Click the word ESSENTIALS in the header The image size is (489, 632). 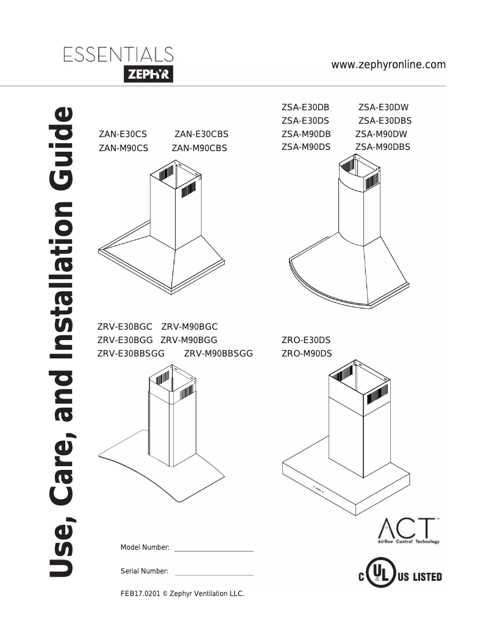[x=118, y=55]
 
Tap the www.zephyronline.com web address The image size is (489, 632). [x=388, y=65]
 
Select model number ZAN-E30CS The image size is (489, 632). [x=123, y=135]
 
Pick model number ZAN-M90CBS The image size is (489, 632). [x=199, y=147]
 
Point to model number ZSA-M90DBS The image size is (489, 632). [x=382, y=147]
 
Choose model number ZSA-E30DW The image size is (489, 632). [x=383, y=107]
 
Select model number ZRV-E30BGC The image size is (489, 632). [x=125, y=327]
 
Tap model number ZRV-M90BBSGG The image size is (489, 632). [x=218, y=353]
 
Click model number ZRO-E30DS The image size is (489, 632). [x=306, y=340]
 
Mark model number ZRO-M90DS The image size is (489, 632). [x=306, y=353]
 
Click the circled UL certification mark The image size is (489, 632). [x=379, y=576]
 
